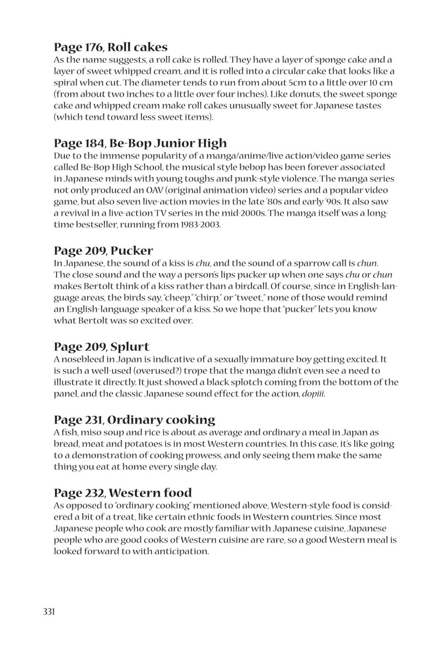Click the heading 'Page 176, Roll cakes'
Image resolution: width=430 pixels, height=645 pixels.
tap(111, 47)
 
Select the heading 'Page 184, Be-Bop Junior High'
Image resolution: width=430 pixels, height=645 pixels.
tap(140, 143)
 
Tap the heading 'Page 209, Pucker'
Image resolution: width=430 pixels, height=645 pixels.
tap(104, 250)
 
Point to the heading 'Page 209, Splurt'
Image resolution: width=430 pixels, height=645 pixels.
tap(102, 347)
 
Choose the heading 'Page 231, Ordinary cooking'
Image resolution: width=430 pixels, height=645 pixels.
tap(134, 419)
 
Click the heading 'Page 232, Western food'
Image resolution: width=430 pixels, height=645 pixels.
tap(123, 492)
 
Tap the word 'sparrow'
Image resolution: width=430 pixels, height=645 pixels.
tap(293, 263)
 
